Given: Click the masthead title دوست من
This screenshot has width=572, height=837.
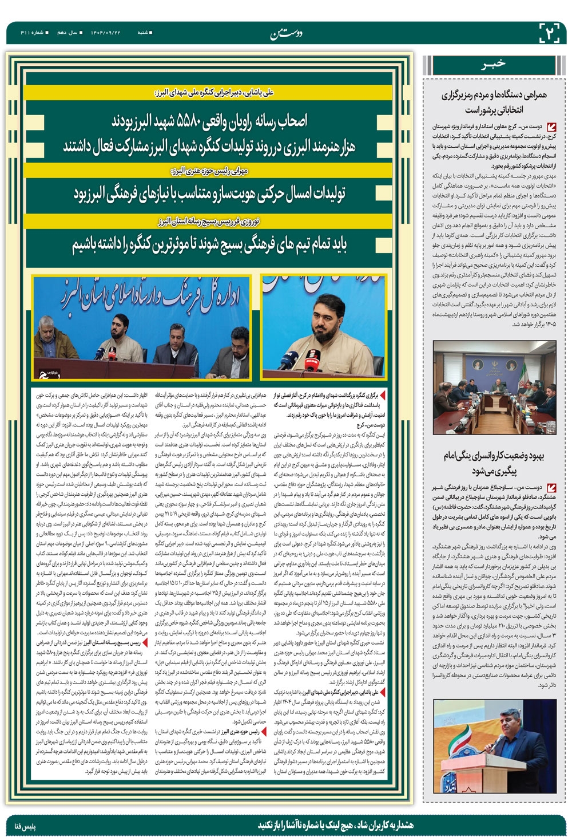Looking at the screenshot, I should [x=287, y=34].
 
